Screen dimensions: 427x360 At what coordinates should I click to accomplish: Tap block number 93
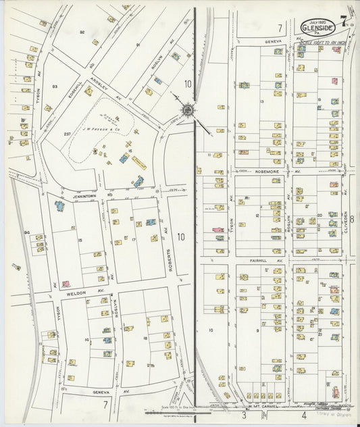55,86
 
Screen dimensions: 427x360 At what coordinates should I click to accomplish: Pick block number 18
145,338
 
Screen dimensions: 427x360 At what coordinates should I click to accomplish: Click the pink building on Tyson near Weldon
66,284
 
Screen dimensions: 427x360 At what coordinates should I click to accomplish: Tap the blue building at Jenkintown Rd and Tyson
59,205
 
